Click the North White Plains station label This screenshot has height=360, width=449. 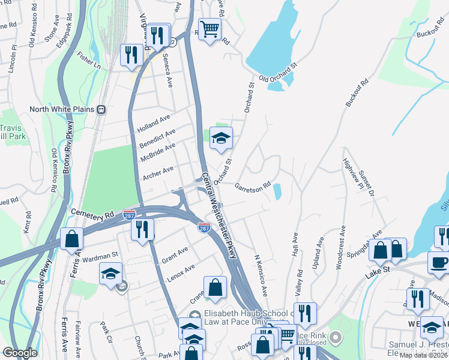tap(62, 110)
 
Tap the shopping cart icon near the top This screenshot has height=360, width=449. tap(209, 29)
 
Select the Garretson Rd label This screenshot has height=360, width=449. tap(253, 185)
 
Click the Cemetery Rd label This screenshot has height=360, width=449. tap(92, 212)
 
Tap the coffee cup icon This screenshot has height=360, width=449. tap(438, 262)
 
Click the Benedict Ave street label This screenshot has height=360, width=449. tap(157, 139)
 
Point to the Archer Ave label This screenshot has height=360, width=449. tap(158, 174)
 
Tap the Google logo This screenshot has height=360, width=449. tap(20, 353)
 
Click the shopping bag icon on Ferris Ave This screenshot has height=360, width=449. tap(71, 239)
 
